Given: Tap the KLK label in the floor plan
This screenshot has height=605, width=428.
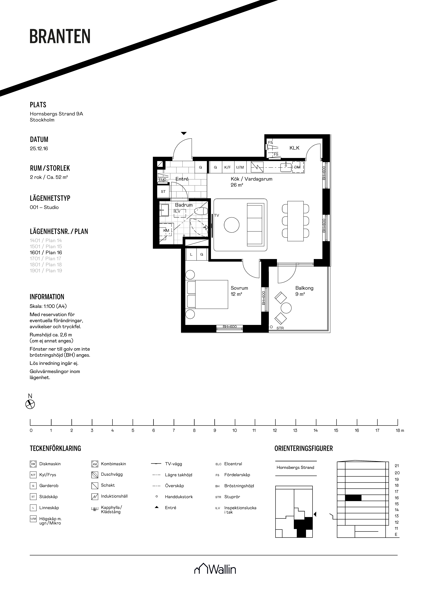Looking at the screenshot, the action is pyautogui.click(x=294, y=148).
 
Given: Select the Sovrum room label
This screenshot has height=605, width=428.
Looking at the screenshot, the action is pyautogui.click(x=239, y=288).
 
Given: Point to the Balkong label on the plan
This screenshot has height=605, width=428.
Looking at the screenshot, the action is pyautogui.click(x=304, y=288).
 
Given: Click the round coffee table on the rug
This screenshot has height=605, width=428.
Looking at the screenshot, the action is pyautogui.click(x=232, y=225).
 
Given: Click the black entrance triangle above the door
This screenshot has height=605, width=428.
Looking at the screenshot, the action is pyautogui.click(x=184, y=133).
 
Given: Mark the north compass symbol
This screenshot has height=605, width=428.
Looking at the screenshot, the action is pyautogui.click(x=30, y=404).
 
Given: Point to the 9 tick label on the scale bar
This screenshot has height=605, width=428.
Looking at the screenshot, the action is pyautogui.click(x=215, y=430).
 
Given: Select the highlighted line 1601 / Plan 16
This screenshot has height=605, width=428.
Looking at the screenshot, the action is pyautogui.click(x=46, y=252).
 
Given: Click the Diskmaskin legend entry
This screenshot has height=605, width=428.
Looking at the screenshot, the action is pyautogui.click(x=45, y=464).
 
